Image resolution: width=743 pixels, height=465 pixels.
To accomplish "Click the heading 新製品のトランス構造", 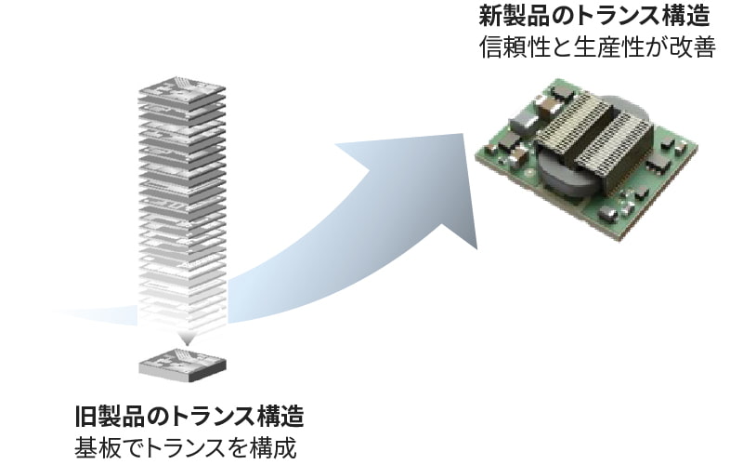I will point(594,16).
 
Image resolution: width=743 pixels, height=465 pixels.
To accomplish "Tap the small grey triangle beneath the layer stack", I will point(186,337).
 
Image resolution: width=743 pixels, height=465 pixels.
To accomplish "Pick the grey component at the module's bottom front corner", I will point(608,215).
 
